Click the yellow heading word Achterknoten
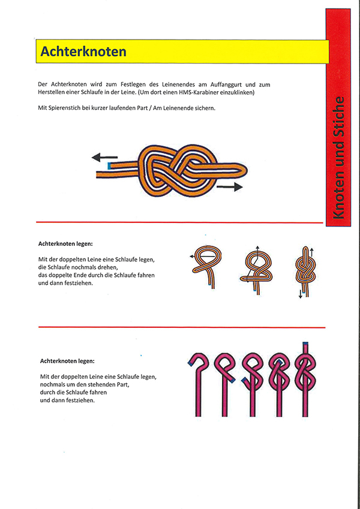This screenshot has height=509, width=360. pos(83,52)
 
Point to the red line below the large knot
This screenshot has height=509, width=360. pos(180,222)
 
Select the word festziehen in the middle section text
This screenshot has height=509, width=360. pos(78,283)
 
